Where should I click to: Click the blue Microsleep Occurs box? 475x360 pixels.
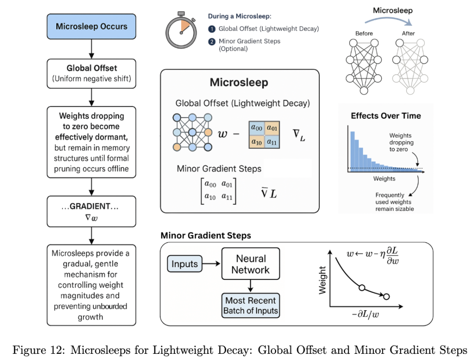point(91,26)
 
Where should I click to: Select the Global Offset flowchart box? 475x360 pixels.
point(91,73)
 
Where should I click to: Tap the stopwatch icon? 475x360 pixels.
point(180,32)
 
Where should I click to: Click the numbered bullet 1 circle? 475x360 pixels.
point(212,29)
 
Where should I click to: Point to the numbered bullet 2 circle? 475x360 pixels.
point(212,41)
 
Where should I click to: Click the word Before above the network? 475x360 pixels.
point(364,33)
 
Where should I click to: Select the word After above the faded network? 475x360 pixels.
point(408,33)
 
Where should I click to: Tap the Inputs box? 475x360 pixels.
point(184,264)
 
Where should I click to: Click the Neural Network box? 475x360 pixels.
point(250,264)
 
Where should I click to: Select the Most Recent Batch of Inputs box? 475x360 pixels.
point(251,305)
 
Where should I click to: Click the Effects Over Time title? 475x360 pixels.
point(386,116)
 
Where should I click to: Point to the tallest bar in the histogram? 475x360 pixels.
point(351,150)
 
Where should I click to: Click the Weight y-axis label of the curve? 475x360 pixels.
point(322,280)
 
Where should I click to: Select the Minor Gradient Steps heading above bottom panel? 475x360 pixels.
point(205,235)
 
